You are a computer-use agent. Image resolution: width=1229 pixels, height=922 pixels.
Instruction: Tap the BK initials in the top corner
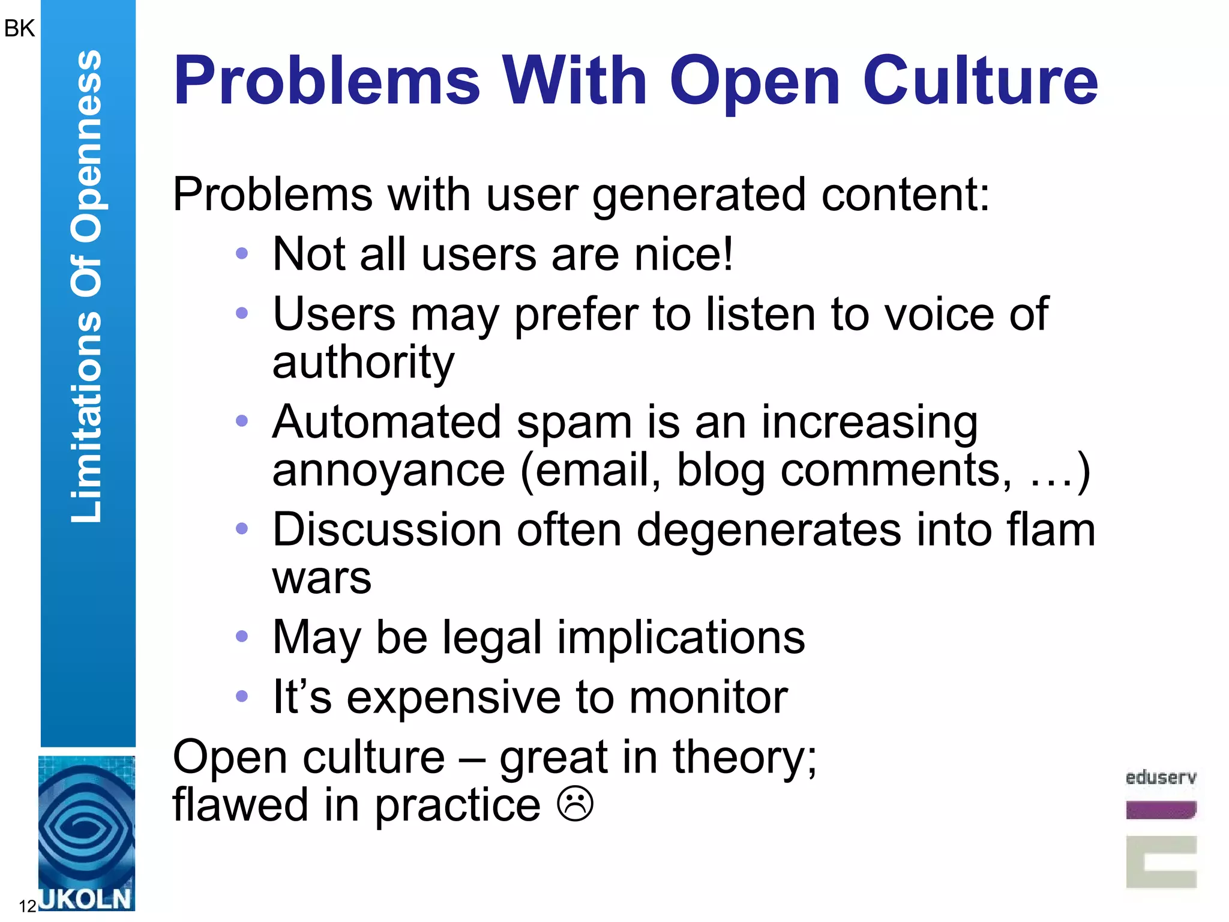[x=19, y=28]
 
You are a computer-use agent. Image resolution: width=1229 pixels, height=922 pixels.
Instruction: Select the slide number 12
[x=28, y=906]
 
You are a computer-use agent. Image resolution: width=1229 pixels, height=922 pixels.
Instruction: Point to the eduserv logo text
[x=1161, y=778]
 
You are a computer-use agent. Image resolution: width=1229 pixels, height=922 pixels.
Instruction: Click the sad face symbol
[x=575, y=804]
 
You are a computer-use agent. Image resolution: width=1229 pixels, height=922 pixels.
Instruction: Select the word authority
[x=363, y=363]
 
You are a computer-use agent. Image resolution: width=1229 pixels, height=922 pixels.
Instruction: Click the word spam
[x=574, y=422]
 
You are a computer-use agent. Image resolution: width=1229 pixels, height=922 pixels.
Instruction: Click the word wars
[x=322, y=578]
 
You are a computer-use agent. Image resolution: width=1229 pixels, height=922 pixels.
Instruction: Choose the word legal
[x=492, y=637]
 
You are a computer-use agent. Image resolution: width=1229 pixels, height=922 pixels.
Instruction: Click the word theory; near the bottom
[x=745, y=757]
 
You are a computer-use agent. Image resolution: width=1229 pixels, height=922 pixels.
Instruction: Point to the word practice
[x=458, y=806]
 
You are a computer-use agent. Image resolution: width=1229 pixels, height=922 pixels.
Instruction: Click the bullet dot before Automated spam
[x=242, y=421]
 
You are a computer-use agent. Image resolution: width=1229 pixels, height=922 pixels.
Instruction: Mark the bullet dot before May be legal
[x=242, y=636]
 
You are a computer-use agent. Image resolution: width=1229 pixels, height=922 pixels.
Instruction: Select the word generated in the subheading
[x=699, y=196]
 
